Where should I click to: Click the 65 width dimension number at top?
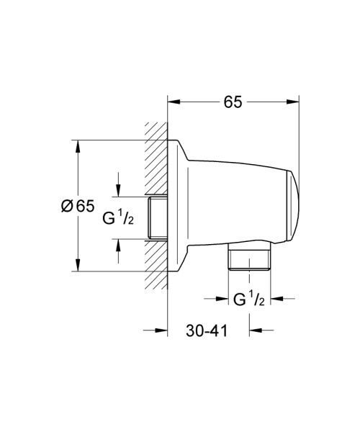click(x=232, y=102)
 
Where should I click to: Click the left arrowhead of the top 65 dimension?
click(x=173, y=102)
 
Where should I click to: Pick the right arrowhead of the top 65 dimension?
click(x=294, y=102)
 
